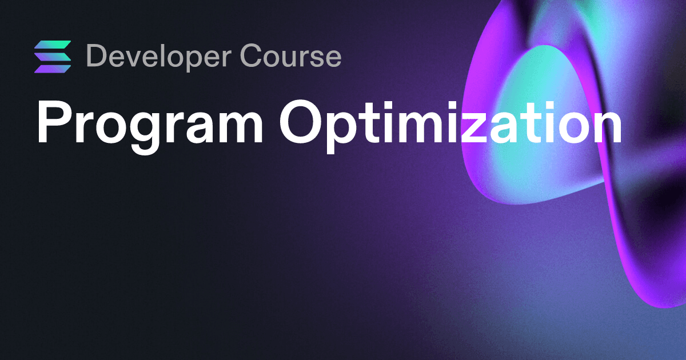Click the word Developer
[159, 57]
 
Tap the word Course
[290, 55]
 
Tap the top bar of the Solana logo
[53, 45]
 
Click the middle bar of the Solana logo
[53, 57]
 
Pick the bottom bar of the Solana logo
[53, 69]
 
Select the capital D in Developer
[97, 55]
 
